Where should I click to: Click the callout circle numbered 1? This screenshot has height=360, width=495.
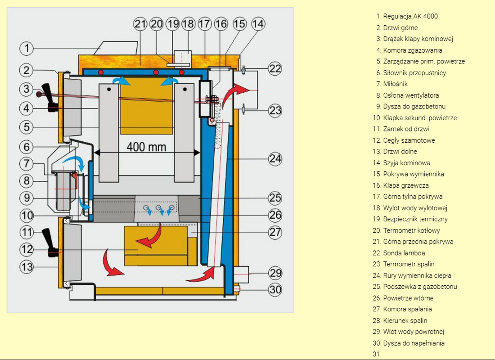pyautogui.click(x=27, y=48)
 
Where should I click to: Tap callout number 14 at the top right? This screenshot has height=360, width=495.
pyautogui.click(x=258, y=24)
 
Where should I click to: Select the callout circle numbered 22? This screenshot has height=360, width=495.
pyautogui.click(x=275, y=68)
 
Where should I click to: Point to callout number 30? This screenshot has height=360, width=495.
pyautogui.click(x=275, y=290)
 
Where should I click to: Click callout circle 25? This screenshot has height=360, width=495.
pyautogui.click(x=275, y=198)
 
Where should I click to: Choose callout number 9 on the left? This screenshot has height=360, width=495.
pyautogui.click(x=27, y=198)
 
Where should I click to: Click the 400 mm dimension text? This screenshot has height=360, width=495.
pyautogui.click(x=146, y=147)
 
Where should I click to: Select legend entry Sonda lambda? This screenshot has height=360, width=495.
pyautogui.click(x=404, y=253)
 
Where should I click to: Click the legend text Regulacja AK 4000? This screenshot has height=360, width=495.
pyautogui.click(x=410, y=16)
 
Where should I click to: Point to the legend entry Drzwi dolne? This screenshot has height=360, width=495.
pyautogui.click(x=400, y=152)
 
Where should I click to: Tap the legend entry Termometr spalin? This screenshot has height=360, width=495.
pyautogui.click(x=409, y=264)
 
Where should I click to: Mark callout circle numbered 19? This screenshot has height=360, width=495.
pyautogui.click(x=172, y=24)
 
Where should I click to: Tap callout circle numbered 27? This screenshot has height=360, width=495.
pyautogui.click(x=275, y=232)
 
